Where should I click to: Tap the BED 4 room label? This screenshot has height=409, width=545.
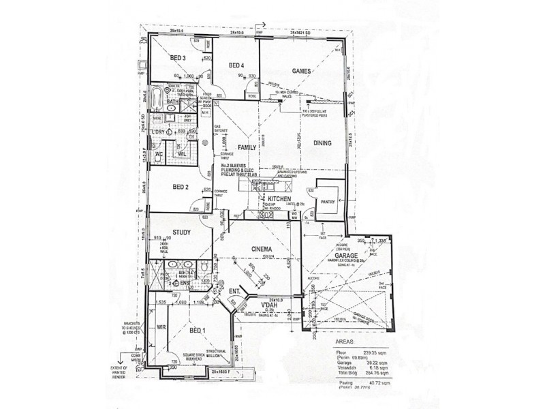(236, 65)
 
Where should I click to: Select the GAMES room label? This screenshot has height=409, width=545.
(302, 72)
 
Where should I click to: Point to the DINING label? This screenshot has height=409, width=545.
(322, 143)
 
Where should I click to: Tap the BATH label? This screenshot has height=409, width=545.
(174, 102)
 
